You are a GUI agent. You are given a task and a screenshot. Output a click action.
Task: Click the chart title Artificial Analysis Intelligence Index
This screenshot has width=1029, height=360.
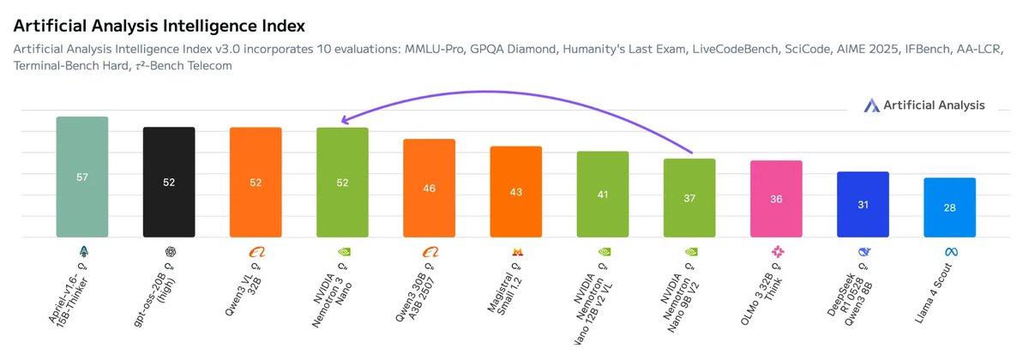(159, 27)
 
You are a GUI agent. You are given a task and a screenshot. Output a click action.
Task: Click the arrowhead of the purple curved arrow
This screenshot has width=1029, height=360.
(343, 122)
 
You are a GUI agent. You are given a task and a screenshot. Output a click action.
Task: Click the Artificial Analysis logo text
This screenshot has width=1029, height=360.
(936, 105)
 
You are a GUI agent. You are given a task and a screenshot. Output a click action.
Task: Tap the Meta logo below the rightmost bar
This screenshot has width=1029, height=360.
(949, 252)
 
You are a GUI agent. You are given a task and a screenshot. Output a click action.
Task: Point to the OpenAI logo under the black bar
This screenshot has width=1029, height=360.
(170, 252)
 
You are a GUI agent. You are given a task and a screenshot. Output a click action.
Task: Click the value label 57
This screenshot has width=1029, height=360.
(82, 177)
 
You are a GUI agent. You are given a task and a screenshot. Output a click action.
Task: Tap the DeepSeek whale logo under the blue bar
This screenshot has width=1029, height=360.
(863, 252)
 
